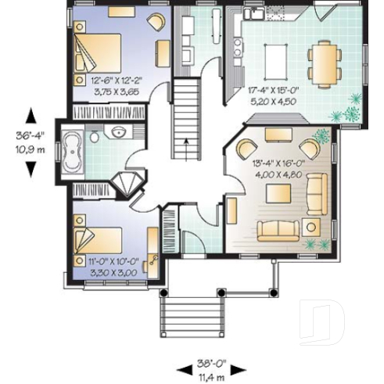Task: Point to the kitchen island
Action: (x=276, y=58)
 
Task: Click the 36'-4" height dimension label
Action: (x=31, y=136)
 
